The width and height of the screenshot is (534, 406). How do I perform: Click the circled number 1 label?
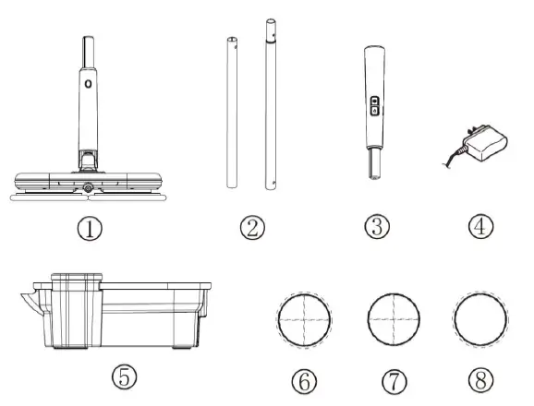(x=90, y=227)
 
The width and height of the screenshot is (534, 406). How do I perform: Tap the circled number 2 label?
(x=251, y=227)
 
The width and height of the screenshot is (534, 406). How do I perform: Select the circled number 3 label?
(x=376, y=227)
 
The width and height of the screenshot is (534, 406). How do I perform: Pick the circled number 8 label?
(x=479, y=379)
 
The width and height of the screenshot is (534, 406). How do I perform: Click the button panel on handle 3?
(x=374, y=105)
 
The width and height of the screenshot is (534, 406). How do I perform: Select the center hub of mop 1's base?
(x=89, y=189)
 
